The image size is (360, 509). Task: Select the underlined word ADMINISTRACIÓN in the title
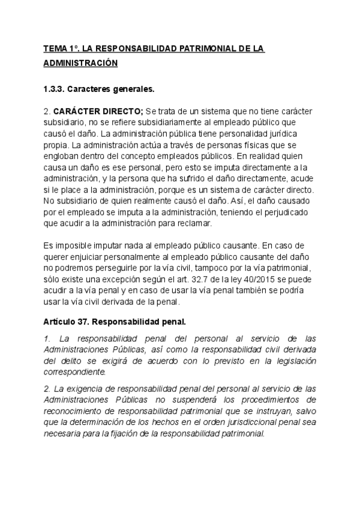click(x=80, y=63)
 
